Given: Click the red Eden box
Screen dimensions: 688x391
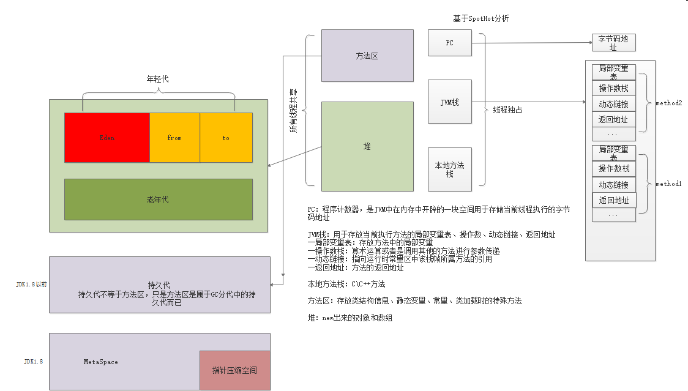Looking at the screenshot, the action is [107, 138].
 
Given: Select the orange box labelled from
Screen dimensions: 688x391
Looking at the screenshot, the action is [174, 138].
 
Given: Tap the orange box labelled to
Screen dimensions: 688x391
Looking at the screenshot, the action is [226, 138].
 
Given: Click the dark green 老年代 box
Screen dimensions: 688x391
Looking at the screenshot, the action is [158, 199].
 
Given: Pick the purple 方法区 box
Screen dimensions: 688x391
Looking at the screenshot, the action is [367, 56].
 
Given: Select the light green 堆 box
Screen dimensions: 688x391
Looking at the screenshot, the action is [367, 146].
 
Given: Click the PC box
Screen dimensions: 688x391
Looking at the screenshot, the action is [450, 43].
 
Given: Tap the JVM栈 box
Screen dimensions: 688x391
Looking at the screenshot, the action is [450, 102].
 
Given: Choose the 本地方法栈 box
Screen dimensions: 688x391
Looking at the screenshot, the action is [450, 169].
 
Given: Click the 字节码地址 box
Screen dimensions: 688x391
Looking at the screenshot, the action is [613, 42].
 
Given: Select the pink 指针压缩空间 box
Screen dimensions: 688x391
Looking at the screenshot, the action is [234, 370].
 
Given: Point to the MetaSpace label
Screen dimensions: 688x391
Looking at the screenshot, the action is [101, 362].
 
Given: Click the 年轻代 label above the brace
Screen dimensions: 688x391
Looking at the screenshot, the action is [157, 79].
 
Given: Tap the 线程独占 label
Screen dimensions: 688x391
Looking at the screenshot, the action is [507, 110].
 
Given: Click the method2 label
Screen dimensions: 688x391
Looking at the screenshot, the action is [668, 103].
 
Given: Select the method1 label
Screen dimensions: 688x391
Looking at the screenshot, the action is [668, 184].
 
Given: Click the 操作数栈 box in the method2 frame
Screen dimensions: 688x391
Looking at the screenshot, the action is [613, 88].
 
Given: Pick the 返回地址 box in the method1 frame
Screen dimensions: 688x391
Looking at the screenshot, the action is [614, 200].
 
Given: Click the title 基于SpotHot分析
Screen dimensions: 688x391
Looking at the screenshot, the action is [480, 18].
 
